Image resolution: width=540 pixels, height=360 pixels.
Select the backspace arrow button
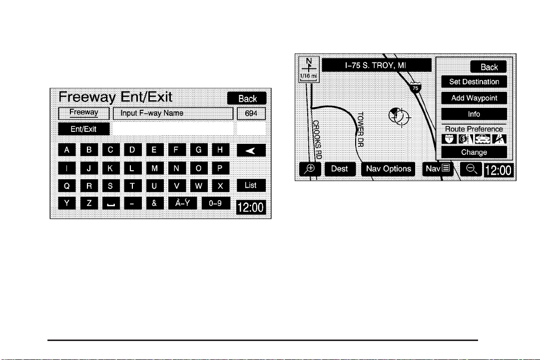tap(251, 149)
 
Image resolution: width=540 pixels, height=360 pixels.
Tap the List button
tap(251, 185)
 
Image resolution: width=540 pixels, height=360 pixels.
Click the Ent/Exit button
tap(83, 129)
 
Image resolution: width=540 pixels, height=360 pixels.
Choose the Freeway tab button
tap(83, 113)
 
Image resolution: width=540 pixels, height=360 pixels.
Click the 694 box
tap(251, 113)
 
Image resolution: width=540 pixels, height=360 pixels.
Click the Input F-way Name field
tap(173, 113)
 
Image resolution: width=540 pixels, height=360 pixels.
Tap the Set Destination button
tap(474, 81)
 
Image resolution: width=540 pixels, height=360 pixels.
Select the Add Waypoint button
tap(474, 98)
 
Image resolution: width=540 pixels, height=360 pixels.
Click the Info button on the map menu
tap(474, 114)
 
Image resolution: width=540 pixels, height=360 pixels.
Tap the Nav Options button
tap(388, 169)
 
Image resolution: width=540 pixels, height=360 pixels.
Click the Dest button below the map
tap(340, 169)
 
